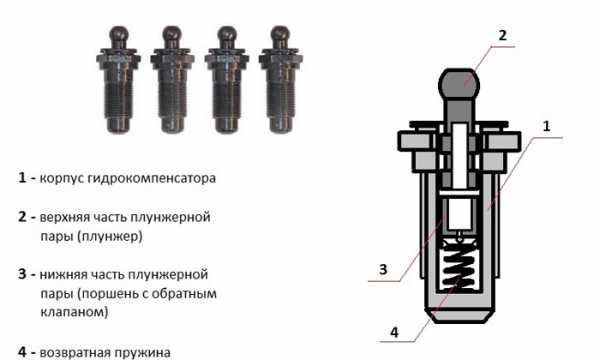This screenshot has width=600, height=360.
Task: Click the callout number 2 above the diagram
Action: [502, 35]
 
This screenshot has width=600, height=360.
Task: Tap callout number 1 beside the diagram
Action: [546, 126]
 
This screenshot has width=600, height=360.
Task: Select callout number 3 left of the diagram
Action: [383, 269]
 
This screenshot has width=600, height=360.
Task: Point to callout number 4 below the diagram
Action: [394, 332]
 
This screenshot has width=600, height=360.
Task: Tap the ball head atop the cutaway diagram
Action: [459, 83]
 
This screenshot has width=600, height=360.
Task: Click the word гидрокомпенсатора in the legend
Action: [152, 179]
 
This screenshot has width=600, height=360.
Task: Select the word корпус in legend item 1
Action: [61, 179]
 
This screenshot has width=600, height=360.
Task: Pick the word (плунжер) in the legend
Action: [110, 236]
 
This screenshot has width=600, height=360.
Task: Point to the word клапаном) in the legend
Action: [74, 311]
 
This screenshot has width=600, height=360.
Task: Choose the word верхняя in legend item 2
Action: [64, 217]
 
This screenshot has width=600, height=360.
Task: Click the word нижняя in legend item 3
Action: [61, 274]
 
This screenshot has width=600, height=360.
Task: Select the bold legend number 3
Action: [22, 274]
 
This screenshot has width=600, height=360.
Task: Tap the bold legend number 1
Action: [22, 178]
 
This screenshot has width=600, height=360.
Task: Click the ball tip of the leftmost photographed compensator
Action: [118, 34]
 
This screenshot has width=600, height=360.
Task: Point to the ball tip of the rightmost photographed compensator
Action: [280, 34]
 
